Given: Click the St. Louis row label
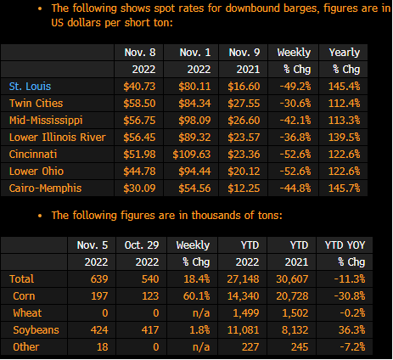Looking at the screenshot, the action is click(x=30, y=87).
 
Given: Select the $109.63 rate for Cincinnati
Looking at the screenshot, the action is click(x=192, y=155).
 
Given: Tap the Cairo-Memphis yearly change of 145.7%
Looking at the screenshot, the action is click(x=344, y=188).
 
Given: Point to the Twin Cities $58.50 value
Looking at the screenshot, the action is click(x=139, y=104).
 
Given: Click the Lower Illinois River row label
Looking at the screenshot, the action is click(x=58, y=138).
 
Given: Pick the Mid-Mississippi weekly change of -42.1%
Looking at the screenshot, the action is click(x=295, y=121).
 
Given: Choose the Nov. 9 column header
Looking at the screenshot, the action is click(x=244, y=53).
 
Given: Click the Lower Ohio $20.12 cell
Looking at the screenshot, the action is click(x=244, y=172).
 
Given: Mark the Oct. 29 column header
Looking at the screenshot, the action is click(x=142, y=245).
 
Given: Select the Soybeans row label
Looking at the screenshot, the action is click(x=36, y=330).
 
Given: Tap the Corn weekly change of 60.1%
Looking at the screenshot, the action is click(x=196, y=296).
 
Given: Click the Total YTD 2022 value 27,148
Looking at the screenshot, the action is click(x=243, y=279).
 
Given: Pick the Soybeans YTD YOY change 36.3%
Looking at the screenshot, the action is click(x=351, y=330).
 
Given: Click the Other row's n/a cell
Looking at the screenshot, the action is click(x=201, y=347).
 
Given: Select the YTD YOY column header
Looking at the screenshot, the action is click(x=345, y=245).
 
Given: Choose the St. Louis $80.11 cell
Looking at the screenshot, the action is click(x=194, y=87).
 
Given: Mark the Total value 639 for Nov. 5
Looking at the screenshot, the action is click(x=99, y=279).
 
